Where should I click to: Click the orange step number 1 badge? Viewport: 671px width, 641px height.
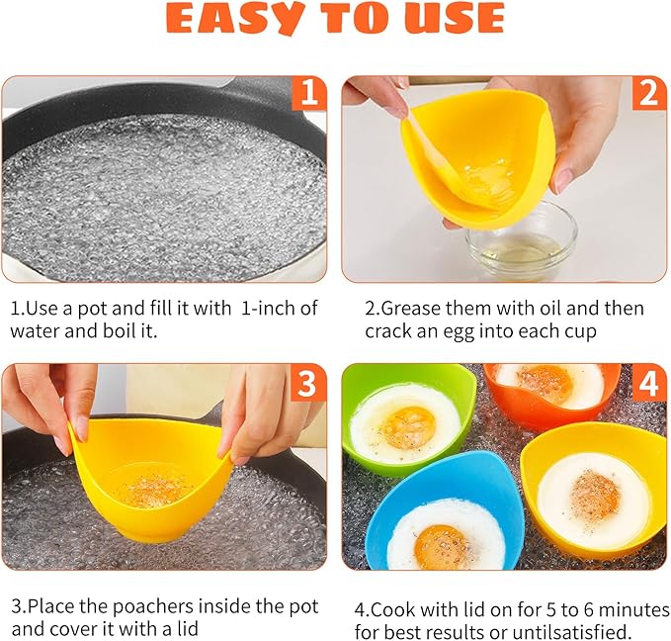tap(309, 93)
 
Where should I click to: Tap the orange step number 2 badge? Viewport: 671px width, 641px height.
tap(649, 93)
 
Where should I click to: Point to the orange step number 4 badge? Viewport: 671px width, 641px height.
tap(649, 382)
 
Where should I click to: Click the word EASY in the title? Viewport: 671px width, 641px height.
tap(235, 19)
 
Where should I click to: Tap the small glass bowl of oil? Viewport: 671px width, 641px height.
tap(521, 240)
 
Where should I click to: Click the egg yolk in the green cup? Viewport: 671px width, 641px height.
tap(408, 428)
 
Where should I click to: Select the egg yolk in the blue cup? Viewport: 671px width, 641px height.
tap(441, 547)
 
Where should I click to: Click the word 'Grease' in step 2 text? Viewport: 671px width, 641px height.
tap(412, 309)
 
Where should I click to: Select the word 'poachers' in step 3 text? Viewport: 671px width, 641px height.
tap(153, 606)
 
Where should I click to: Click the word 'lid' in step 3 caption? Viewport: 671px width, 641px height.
tap(188, 629)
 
